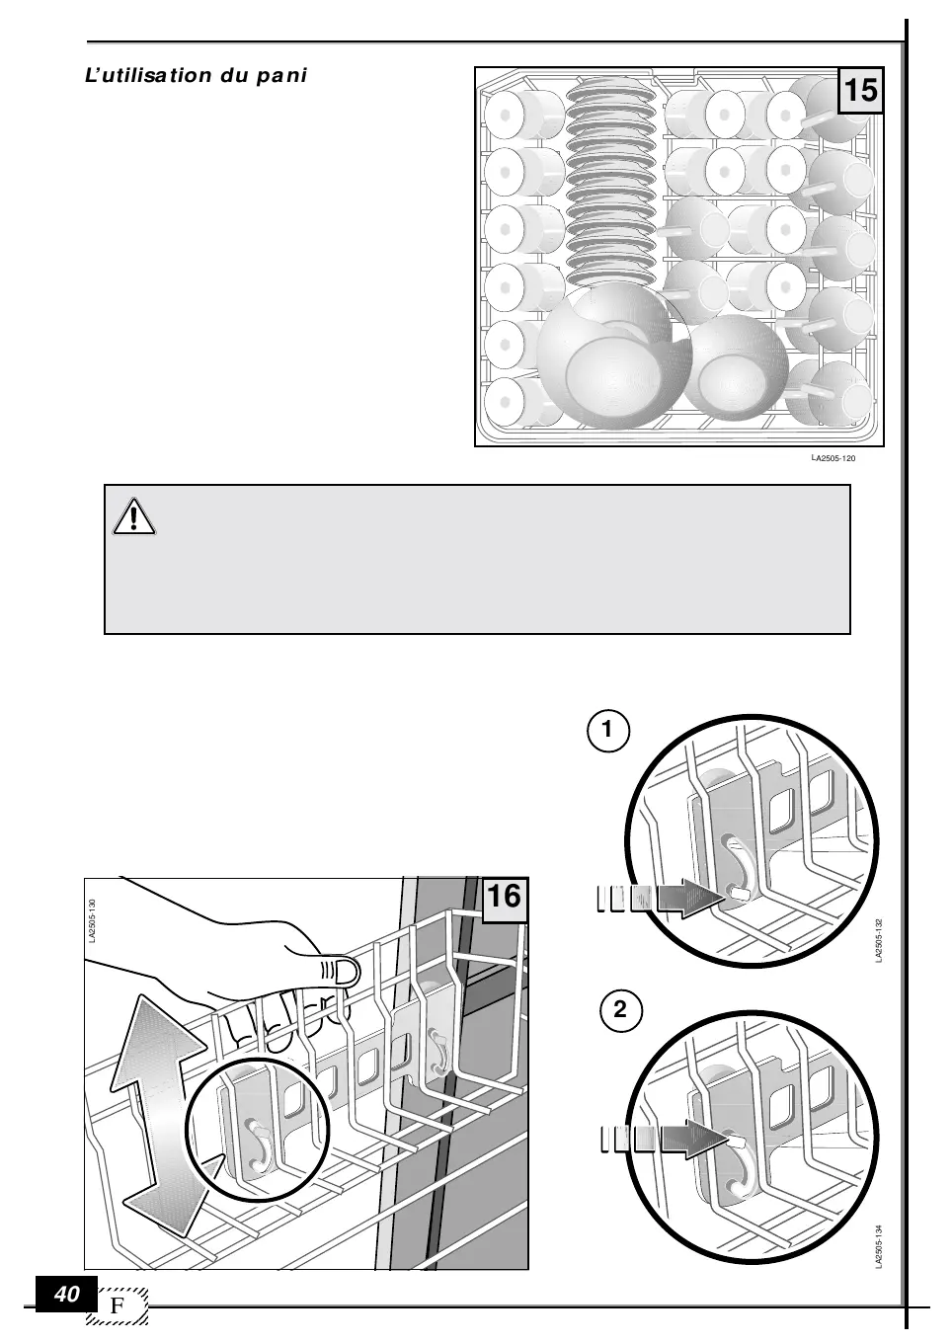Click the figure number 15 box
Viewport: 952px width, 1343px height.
tap(860, 91)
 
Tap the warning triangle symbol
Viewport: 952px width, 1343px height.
tap(134, 517)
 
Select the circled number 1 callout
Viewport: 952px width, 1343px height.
tap(608, 732)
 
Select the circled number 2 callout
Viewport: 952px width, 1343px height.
tap(620, 1010)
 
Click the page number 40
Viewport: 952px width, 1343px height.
tap(67, 1295)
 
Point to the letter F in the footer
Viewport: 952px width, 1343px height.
tap(118, 1305)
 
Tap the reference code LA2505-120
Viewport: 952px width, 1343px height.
tap(833, 459)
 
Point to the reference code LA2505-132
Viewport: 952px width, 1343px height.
tap(878, 941)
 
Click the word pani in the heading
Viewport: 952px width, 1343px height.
tap(282, 76)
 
